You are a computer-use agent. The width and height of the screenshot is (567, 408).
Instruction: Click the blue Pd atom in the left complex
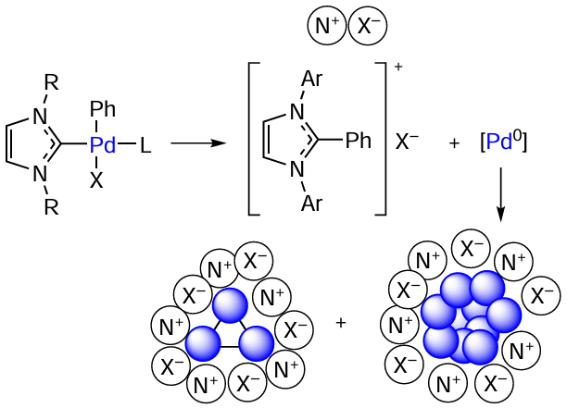(x=103, y=144)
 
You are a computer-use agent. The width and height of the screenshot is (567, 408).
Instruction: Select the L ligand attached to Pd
(x=145, y=144)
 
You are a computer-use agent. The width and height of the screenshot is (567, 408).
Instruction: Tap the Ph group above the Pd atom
(x=103, y=108)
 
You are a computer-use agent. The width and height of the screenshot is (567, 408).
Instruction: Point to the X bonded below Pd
(x=96, y=179)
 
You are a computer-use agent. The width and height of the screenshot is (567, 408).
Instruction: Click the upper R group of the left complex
(x=51, y=82)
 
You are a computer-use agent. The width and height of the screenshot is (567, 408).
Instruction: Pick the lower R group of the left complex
(x=51, y=207)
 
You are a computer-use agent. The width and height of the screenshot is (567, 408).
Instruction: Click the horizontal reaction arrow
(x=198, y=143)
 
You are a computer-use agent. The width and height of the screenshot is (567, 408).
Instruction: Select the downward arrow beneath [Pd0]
(x=500, y=194)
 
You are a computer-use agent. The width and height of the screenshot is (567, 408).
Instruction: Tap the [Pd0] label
(x=504, y=142)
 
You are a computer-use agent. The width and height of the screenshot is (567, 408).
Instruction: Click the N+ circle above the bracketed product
(x=327, y=26)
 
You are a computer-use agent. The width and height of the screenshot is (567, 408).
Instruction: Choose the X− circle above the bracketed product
(x=368, y=26)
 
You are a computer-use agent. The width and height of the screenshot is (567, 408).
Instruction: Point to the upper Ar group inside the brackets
(x=311, y=78)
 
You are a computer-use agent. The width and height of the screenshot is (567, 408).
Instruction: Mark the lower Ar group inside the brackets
(x=311, y=204)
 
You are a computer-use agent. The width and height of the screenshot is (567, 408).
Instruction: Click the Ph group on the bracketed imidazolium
(x=359, y=140)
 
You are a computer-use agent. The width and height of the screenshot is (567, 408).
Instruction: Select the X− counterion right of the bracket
(x=407, y=142)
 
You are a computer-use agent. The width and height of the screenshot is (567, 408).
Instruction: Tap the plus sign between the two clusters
(x=341, y=323)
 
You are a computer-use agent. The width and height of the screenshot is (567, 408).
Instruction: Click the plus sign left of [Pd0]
(x=454, y=143)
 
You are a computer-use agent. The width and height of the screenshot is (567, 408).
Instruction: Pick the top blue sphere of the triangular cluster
(x=230, y=305)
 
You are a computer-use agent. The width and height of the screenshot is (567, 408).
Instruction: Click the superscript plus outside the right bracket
(x=398, y=68)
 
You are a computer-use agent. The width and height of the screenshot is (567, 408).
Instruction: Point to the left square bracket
(x=249, y=139)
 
